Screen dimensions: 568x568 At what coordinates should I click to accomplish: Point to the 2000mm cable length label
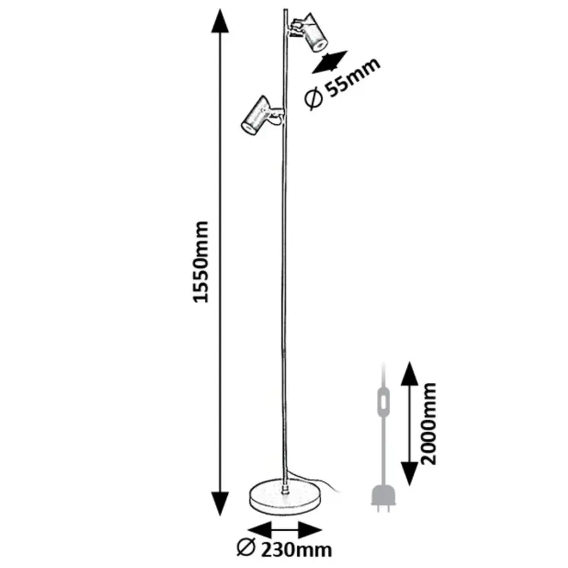tap(429, 423)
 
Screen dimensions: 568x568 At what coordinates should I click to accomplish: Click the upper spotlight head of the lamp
tap(311, 33)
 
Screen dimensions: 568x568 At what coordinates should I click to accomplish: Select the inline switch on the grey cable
tap(382, 402)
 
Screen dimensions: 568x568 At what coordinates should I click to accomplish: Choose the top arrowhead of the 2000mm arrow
tap(409, 372)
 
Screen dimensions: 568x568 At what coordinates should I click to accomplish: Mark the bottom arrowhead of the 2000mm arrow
tap(409, 475)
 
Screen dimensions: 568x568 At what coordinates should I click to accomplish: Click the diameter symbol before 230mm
tap(245, 549)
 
